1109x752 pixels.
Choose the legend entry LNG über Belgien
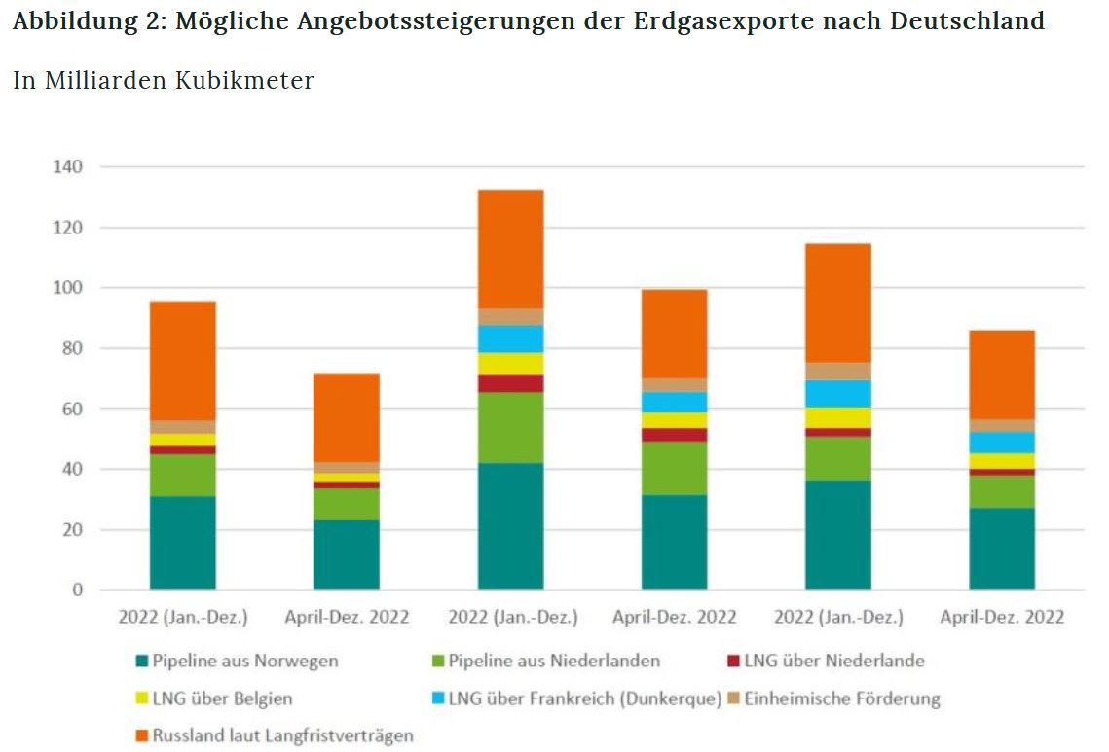[x=222, y=698]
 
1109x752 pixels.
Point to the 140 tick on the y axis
[x=67, y=167]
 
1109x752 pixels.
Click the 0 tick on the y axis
[x=78, y=591]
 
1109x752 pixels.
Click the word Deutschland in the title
[x=967, y=21]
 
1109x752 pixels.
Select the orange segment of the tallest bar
[x=510, y=249]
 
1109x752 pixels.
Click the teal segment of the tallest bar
[x=510, y=525]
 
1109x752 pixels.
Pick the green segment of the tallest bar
[x=510, y=427]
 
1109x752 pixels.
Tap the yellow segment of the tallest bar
[x=510, y=363]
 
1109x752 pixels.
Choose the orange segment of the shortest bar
[x=347, y=417]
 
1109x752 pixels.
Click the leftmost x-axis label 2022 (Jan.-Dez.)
[x=183, y=618]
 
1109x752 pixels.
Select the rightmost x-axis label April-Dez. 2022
[x=1002, y=618]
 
